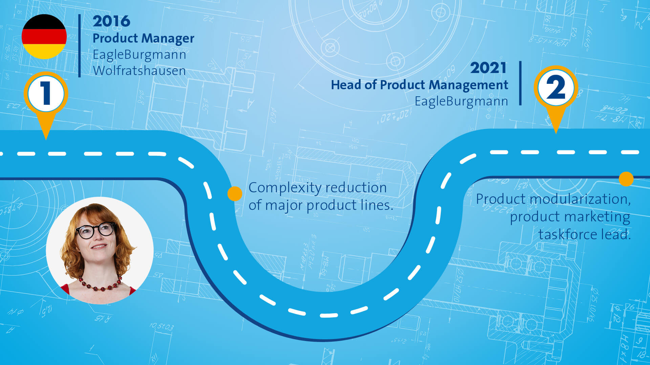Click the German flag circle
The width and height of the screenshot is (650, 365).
(x=44, y=36)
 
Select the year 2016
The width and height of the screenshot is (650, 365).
(x=111, y=21)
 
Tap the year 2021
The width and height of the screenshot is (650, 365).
(x=488, y=68)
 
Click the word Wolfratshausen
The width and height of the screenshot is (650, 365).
(x=139, y=71)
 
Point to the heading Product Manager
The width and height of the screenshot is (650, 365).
(x=143, y=38)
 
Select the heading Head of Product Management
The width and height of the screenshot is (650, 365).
(x=419, y=85)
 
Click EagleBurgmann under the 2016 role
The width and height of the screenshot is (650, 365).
(x=139, y=55)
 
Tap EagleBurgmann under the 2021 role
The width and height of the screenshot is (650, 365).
(x=461, y=101)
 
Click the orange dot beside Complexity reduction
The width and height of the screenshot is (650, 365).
(x=235, y=194)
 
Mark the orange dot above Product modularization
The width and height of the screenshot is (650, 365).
(x=626, y=179)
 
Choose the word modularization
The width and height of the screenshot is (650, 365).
(x=580, y=199)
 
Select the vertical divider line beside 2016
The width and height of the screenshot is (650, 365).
(x=80, y=46)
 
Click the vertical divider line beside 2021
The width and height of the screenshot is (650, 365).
(x=520, y=83)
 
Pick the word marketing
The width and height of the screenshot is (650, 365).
(x=597, y=217)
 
